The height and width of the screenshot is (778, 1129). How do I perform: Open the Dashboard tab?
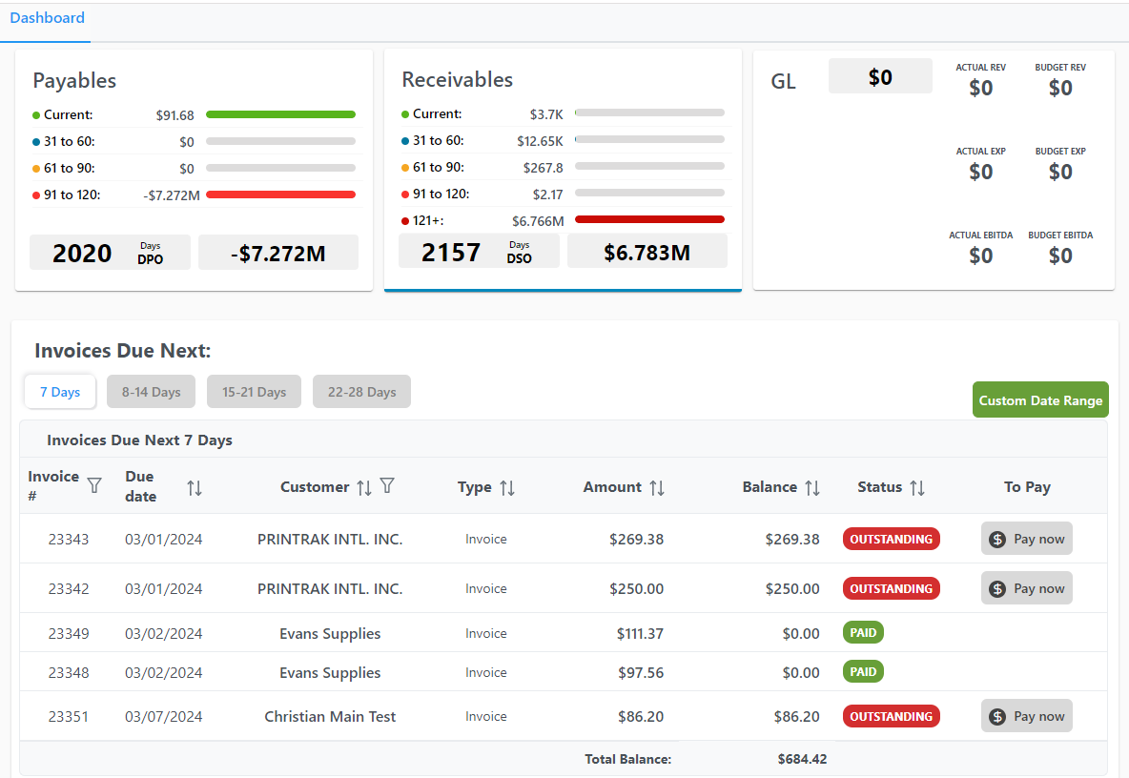(x=47, y=18)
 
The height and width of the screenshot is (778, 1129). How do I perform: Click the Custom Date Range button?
(x=1040, y=400)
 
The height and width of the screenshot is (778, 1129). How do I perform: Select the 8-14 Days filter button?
(x=151, y=392)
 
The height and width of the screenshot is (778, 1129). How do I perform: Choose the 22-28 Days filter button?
(x=361, y=392)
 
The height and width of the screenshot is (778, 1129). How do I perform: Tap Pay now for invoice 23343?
(x=1027, y=539)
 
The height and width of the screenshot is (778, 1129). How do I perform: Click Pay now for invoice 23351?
(x=1027, y=716)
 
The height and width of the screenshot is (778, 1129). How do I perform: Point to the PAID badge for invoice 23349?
(x=863, y=633)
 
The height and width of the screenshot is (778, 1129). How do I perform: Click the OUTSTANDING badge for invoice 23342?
(x=891, y=588)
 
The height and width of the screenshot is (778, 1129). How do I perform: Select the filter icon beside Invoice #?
(x=94, y=486)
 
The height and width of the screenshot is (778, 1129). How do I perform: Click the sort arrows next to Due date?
(x=195, y=488)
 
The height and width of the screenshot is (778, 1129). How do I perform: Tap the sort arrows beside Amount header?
(x=657, y=488)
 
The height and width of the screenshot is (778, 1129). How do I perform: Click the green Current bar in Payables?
(x=280, y=114)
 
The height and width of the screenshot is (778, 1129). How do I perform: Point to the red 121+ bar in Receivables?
(x=649, y=219)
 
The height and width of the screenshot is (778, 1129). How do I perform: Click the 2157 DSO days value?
(x=451, y=253)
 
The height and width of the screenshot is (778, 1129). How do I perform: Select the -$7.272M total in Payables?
(x=278, y=254)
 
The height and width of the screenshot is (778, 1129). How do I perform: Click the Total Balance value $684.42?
(x=802, y=759)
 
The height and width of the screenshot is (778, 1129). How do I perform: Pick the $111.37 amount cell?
(x=640, y=633)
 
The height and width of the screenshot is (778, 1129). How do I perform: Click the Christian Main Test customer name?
(x=330, y=716)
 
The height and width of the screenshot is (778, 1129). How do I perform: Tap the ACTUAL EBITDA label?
(x=980, y=235)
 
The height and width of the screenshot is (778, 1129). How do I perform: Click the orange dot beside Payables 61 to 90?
(x=36, y=169)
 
